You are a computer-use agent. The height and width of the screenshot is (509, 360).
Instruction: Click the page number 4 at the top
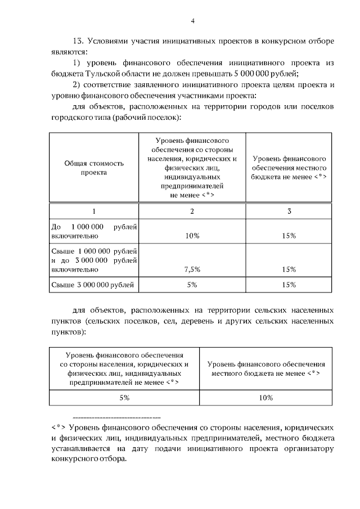(x=192, y=22)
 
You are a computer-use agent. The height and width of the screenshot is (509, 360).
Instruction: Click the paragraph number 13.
(x=79, y=42)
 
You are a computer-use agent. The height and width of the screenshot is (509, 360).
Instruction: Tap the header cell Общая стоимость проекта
(x=93, y=168)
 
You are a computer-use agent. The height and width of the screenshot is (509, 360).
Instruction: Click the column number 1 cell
(x=93, y=211)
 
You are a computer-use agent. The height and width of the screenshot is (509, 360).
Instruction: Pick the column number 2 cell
(x=192, y=211)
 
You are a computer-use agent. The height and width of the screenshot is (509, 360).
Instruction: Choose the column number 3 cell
(x=289, y=211)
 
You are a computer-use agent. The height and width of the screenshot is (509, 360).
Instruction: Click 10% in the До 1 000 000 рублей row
(x=192, y=236)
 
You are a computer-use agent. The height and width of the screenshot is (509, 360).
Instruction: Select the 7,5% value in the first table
(x=192, y=269)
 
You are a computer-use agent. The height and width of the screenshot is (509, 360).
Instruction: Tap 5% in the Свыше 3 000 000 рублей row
(x=192, y=285)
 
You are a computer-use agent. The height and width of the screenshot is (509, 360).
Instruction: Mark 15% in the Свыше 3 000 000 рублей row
(x=289, y=285)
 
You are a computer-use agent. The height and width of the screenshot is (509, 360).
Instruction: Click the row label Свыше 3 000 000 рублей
(x=93, y=285)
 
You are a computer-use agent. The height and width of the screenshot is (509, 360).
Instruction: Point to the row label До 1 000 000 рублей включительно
(x=93, y=231)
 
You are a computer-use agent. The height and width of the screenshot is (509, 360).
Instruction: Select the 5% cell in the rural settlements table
(x=124, y=397)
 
